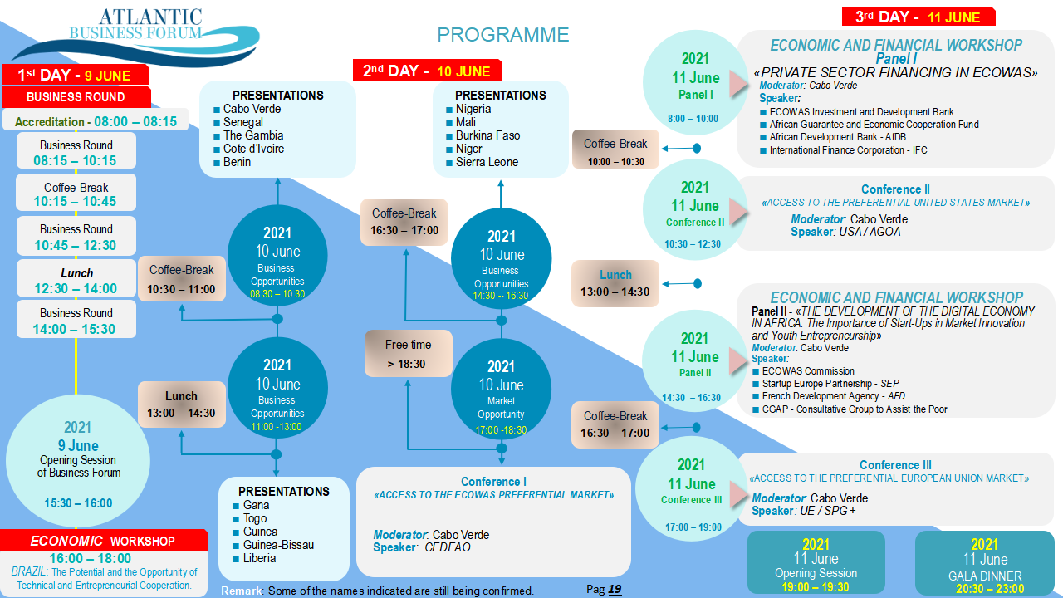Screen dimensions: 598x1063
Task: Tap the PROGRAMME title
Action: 503,35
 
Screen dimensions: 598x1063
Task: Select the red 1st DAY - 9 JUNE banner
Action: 75,75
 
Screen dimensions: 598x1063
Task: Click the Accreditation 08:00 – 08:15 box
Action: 96,121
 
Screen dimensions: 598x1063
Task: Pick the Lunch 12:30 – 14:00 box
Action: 76,281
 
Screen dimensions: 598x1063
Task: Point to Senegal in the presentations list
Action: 243,122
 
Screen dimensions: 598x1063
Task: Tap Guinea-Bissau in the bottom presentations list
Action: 278,545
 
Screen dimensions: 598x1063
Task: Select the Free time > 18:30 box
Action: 409,354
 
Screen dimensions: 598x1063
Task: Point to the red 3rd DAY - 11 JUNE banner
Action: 918,17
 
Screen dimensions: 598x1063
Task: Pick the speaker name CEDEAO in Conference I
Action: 448,547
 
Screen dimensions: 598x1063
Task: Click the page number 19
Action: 615,589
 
